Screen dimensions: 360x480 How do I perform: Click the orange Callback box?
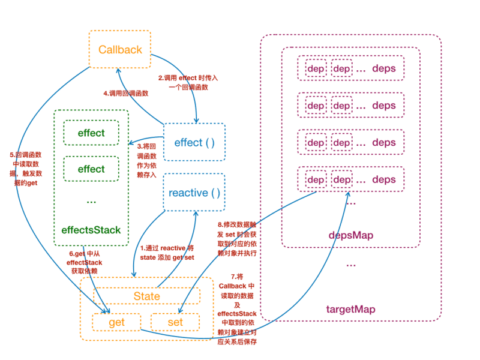point(119,49)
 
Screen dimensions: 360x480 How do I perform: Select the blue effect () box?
point(194,142)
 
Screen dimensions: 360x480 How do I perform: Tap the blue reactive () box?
point(194,193)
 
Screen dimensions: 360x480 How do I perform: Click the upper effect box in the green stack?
point(91,133)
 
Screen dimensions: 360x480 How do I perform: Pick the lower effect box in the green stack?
point(91,169)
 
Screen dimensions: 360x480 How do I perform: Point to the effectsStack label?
point(91,230)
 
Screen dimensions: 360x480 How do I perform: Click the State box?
point(147,296)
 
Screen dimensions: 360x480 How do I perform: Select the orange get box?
point(116,322)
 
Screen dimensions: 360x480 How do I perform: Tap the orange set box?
point(175,322)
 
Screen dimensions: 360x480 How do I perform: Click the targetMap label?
point(350,310)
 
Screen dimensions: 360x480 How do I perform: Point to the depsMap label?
point(350,235)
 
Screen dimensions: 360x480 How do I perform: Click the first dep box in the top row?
point(316,68)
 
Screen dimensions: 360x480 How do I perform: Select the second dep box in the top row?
point(341,68)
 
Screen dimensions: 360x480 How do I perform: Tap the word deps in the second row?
point(383,106)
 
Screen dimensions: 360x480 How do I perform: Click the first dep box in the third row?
point(316,143)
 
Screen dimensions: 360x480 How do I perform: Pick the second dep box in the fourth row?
point(341,179)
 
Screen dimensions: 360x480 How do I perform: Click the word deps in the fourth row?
point(383,179)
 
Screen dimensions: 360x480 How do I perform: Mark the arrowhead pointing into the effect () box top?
point(196,121)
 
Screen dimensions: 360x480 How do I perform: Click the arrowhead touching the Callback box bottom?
point(119,71)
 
